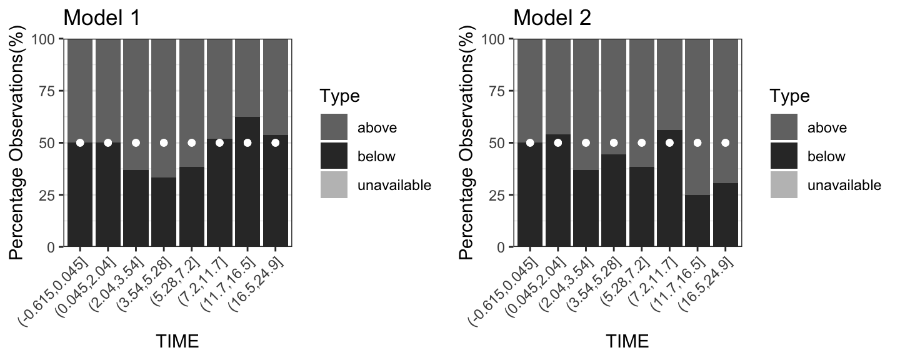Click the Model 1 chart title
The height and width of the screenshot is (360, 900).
coord(101,17)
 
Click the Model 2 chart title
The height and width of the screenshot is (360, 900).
coord(552,17)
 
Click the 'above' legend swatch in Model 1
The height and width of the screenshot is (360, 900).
coord(334,127)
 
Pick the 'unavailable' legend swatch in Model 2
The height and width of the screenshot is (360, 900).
coord(784,185)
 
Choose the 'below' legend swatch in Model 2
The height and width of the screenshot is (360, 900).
coord(784,156)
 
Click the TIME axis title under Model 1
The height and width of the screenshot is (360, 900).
coord(177,341)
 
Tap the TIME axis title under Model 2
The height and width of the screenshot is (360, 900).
coord(627,341)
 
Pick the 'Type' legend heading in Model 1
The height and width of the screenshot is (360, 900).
coord(339,96)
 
